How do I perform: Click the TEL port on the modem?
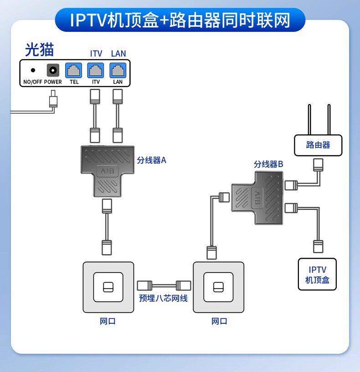click(74, 70)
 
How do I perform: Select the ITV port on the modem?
click(96, 70)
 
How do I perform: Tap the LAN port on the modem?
click(118, 70)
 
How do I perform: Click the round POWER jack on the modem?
click(53, 70)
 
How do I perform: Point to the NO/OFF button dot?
click(33, 70)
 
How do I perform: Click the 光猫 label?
click(40, 50)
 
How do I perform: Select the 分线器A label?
click(151, 160)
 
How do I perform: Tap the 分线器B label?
click(268, 164)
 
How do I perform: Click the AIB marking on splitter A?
click(108, 171)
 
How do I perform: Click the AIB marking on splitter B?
click(257, 198)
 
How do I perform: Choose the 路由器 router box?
click(318, 145)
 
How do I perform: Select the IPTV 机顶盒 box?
click(317, 274)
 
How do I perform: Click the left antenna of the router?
click(309, 120)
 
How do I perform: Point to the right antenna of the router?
click(329, 120)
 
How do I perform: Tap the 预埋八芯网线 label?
click(164, 298)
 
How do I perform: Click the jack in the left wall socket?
click(108, 287)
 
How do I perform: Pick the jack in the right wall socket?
click(218, 287)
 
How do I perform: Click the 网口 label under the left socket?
click(108, 321)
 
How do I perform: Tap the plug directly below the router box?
click(318, 165)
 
